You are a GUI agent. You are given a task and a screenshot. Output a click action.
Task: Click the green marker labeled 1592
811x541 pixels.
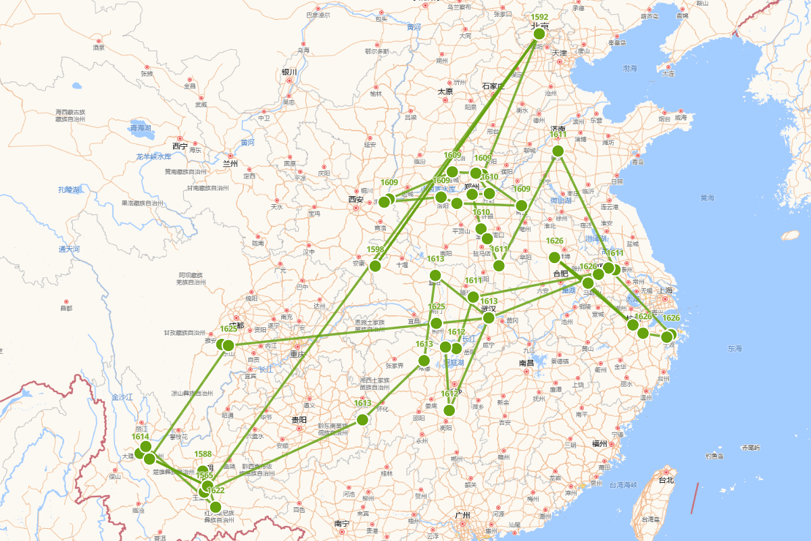[539, 34]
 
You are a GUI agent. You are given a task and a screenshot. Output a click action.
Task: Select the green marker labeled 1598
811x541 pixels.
[375, 266]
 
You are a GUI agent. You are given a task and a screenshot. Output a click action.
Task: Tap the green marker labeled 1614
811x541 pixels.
[145, 446]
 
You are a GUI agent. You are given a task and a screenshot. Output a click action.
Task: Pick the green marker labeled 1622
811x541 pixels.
[216, 507]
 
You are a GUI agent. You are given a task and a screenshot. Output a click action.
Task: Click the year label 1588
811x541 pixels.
[203, 454]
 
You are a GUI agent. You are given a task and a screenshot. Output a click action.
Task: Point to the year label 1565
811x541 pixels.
[205, 476]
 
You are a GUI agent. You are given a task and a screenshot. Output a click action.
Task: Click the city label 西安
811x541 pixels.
[355, 199]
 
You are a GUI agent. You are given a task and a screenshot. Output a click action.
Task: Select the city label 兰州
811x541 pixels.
[230, 163]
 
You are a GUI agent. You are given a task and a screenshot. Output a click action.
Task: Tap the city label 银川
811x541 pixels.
[289, 72]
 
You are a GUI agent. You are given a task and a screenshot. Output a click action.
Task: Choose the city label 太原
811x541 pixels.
[445, 91]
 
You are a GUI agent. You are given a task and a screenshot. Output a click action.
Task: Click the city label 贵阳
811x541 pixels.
[299, 420]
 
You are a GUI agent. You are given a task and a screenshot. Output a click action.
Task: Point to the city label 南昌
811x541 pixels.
[526, 363]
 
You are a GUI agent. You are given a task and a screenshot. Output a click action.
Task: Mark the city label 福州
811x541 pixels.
[599, 444]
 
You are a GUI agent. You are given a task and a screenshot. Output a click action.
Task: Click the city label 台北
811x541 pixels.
[666, 480]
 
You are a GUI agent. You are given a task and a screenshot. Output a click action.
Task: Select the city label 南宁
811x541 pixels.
[342, 523]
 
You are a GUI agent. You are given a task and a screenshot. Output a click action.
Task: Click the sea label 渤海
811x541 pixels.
[630, 68]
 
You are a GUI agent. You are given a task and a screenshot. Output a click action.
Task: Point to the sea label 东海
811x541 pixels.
[735, 348]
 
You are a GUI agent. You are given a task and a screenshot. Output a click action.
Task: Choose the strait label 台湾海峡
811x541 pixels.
[615, 485]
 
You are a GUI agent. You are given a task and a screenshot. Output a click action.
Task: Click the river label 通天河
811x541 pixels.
[69, 249]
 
